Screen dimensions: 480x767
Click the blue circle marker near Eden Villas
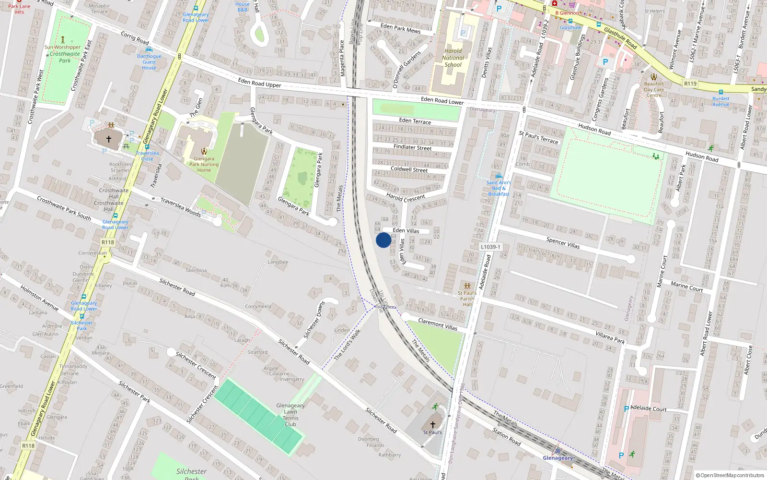pyautogui.click(x=383, y=240)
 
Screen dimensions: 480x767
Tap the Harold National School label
pyautogui.click(x=453, y=58)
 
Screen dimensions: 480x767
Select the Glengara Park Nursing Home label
pyautogui.click(x=204, y=164)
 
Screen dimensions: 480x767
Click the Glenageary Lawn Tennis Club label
pyautogui.click(x=290, y=415)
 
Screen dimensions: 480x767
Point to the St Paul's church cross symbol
pyautogui.click(x=432, y=424)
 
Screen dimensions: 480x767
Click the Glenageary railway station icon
pyautogui.click(x=557, y=451)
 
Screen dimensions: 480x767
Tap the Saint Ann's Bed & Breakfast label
pyautogui.click(x=499, y=188)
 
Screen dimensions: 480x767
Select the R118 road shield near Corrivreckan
pyautogui.click(x=108, y=242)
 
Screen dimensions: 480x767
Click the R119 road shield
pyautogui.click(x=690, y=84)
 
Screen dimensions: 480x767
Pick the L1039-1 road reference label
pyautogui.click(x=490, y=247)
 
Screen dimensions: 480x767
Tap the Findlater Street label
pyautogui.click(x=412, y=147)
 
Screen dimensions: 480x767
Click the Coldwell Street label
pyautogui.click(x=409, y=169)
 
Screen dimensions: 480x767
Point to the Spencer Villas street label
pyautogui.click(x=563, y=243)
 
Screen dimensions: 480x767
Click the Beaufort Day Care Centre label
pyautogui.click(x=654, y=89)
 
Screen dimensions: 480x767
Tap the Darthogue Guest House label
pyautogui.click(x=149, y=62)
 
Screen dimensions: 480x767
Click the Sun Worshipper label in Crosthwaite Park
pyautogui.click(x=62, y=47)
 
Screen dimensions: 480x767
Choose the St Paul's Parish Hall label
pyautogui.click(x=467, y=299)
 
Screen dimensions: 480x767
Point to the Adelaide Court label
pyautogui.click(x=648, y=408)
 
